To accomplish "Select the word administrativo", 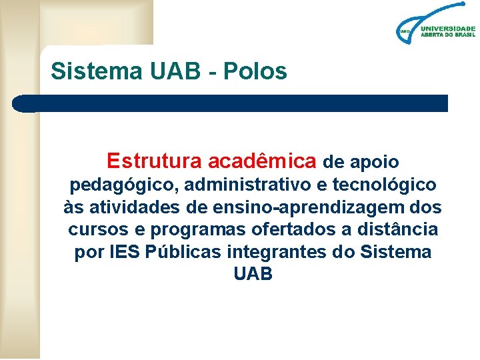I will [243, 184].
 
